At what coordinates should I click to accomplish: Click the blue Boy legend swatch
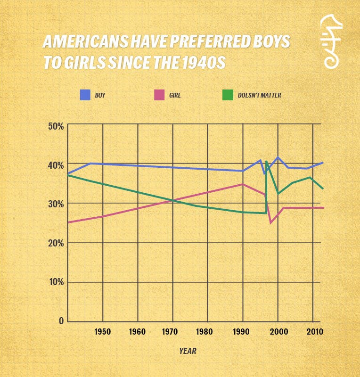click(x=85, y=95)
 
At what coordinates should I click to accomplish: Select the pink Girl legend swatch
click(x=159, y=95)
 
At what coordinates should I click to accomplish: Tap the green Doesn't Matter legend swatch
click(x=228, y=95)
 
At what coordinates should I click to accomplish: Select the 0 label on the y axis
click(x=61, y=321)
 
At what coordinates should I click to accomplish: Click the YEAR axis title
click(x=188, y=351)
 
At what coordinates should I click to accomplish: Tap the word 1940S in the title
click(x=203, y=63)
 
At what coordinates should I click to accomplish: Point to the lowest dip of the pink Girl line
click(x=270, y=222)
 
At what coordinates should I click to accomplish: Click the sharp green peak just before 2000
click(x=266, y=162)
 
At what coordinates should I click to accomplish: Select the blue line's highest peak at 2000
click(x=278, y=157)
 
